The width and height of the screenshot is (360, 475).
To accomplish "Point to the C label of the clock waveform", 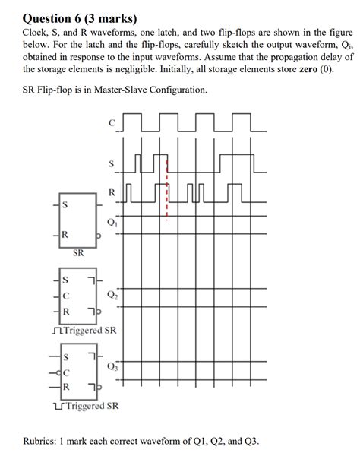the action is [112, 122].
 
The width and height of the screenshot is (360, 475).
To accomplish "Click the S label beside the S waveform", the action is [113, 163].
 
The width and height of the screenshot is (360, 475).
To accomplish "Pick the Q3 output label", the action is [112, 366].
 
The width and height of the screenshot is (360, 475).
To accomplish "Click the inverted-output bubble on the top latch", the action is [98, 235].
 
